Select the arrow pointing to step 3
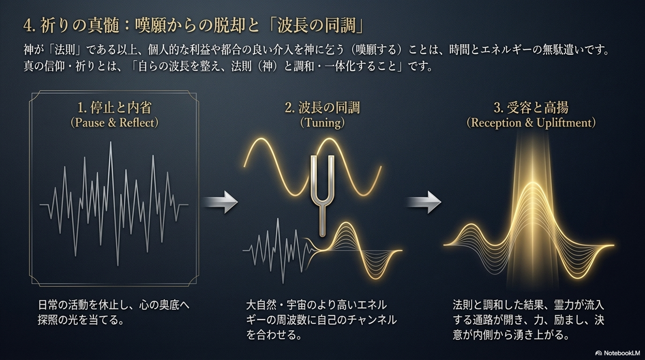[x=424, y=202]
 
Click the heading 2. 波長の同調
[x=322, y=108]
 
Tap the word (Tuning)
[x=322, y=123]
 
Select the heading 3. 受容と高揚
[x=531, y=108]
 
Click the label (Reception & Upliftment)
[x=531, y=123]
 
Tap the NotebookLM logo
[x=617, y=352]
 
